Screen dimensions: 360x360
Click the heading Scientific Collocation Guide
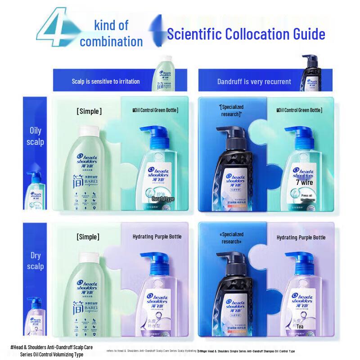246,34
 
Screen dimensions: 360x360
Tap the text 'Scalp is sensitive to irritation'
106,81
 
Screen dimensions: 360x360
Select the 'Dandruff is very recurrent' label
254,81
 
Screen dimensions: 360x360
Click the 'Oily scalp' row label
36,136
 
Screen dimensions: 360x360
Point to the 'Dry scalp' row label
36,261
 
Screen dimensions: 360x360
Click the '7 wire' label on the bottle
304,183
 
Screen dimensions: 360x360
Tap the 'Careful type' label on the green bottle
162,198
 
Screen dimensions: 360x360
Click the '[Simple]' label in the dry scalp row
88,237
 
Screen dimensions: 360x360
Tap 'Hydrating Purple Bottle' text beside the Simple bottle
157,237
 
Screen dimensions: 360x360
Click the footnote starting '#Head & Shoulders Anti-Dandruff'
51,351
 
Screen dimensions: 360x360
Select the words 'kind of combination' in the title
111,34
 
